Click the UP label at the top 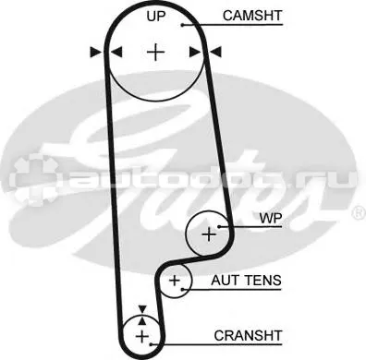[x=156, y=16]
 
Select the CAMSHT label [x=252, y=16]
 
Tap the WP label [x=271, y=218]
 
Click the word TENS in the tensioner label [x=263, y=281]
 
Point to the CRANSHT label [x=248, y=335]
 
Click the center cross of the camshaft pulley [x=155, y=53]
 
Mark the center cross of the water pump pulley [x=209, y=234]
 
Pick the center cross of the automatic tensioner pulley [x=175, y=281]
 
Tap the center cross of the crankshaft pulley [x=142, y=336]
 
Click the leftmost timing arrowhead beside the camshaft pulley [x=95, y=52]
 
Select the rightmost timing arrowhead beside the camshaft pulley [x=215, y=52]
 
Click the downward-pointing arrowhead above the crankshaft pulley [x=142, y=309]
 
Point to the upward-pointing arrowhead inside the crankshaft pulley [x=142, y=321]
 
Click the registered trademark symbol [x=360, y=213]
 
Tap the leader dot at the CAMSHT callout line [x=182, y=25]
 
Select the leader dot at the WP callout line [x=218, y=227]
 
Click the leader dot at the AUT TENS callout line [x=183, y=289]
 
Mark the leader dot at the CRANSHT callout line [x=151, y=344]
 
